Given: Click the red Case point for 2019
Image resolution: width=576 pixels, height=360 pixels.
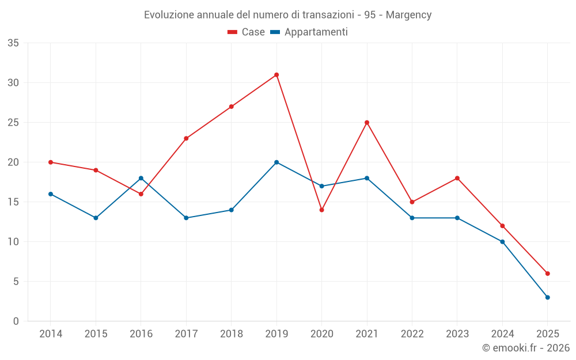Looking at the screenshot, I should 276,75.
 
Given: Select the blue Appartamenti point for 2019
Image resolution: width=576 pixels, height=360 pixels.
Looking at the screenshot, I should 276,162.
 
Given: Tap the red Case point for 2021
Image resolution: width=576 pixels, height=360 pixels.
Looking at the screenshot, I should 367,123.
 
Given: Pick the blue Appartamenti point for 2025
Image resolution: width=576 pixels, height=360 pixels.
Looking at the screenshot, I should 548,297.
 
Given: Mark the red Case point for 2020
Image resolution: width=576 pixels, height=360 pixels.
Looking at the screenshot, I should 321,210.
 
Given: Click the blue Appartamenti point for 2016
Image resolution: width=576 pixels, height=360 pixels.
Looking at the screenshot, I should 141,178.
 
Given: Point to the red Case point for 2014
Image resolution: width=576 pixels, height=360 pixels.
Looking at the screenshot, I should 51,162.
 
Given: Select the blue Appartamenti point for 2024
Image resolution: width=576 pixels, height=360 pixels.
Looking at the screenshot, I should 502,242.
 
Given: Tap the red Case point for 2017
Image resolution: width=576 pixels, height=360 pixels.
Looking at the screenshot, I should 186,138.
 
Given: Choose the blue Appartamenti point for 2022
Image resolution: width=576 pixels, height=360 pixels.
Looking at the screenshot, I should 412,218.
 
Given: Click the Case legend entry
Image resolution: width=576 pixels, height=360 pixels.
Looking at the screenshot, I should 247,32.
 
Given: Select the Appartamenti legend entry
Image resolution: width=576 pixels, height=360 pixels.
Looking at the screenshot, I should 309,32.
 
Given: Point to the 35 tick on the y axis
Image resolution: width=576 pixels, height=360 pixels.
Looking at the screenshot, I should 13,43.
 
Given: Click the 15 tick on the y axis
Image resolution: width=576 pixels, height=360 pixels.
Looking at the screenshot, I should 13,202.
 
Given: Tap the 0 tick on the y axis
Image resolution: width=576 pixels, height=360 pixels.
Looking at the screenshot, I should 16,321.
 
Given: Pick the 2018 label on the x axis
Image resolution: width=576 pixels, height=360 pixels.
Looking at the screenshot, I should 231,334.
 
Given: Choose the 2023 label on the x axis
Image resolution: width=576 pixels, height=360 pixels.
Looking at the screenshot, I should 457,334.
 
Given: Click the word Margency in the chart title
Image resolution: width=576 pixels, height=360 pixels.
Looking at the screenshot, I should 408,15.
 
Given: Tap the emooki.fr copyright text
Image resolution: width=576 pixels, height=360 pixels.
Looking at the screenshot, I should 526,348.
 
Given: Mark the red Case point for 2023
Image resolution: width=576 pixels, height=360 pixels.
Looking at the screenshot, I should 457,178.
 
